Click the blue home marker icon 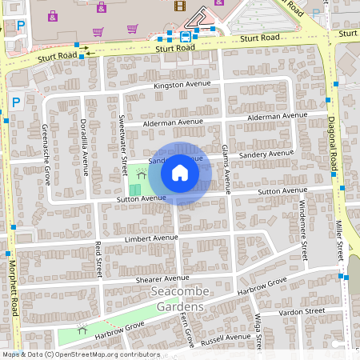pos(180,173)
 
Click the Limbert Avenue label pos(151,238)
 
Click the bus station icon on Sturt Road pos(186,36)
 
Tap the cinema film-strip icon pos(180,6)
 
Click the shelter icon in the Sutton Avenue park pos(141,172)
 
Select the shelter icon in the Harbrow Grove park pos(82,329)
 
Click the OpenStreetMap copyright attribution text pos(81,354)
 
